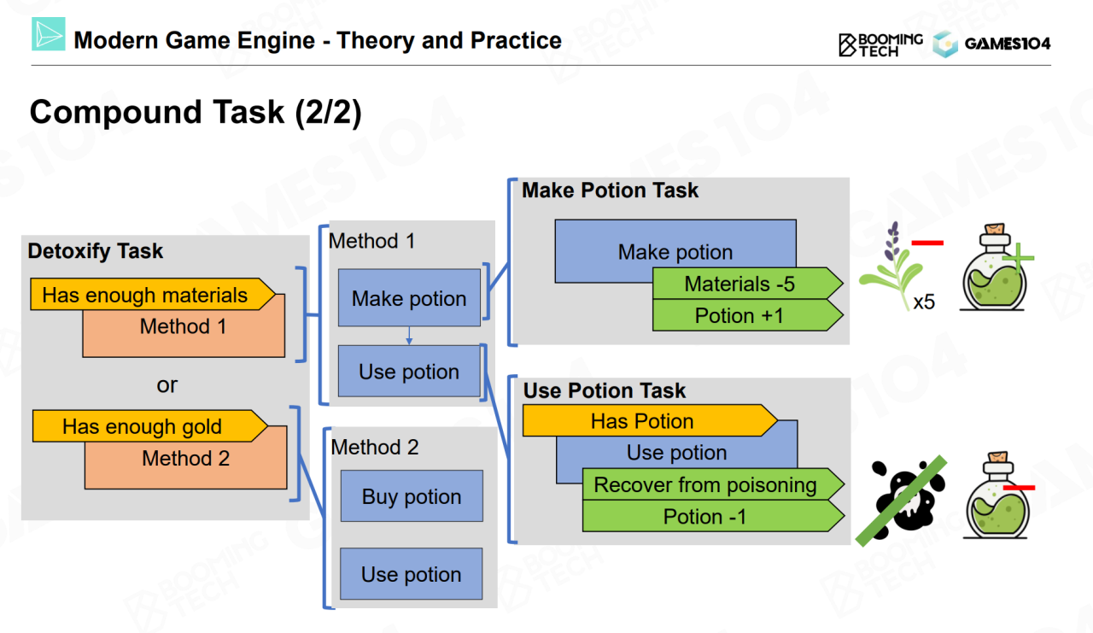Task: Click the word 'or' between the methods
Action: (167, 385)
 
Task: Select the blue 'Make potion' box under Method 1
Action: (409, 298)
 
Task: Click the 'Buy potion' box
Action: (411, 496)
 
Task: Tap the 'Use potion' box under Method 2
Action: (411, 575)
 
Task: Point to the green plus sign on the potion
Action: (1018, 256)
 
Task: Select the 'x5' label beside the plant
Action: (923, 302)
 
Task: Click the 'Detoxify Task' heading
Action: (96, 251)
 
